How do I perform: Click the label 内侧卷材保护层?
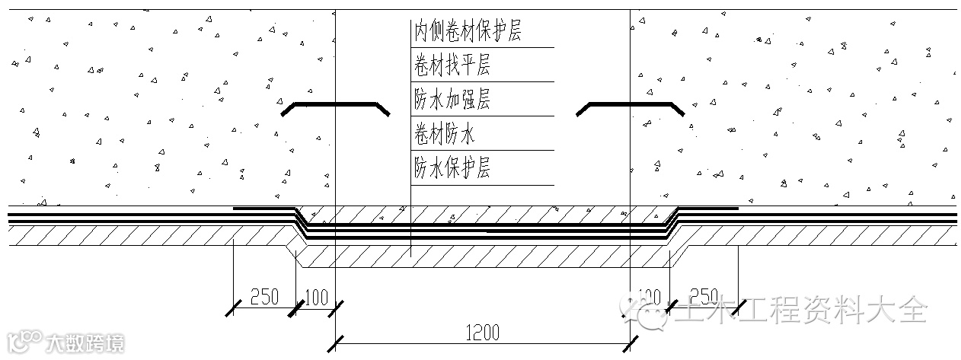tap(468, 31)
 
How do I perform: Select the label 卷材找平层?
tap(452, 65)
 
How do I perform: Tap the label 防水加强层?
tap(452, 100)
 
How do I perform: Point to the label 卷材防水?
tap(445, 135)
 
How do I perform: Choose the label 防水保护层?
tap(452, 168)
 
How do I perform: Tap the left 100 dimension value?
tap(316, 297)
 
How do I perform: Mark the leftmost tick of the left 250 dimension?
tap(233, 308)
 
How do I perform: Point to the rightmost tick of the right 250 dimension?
tap(737, 308)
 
